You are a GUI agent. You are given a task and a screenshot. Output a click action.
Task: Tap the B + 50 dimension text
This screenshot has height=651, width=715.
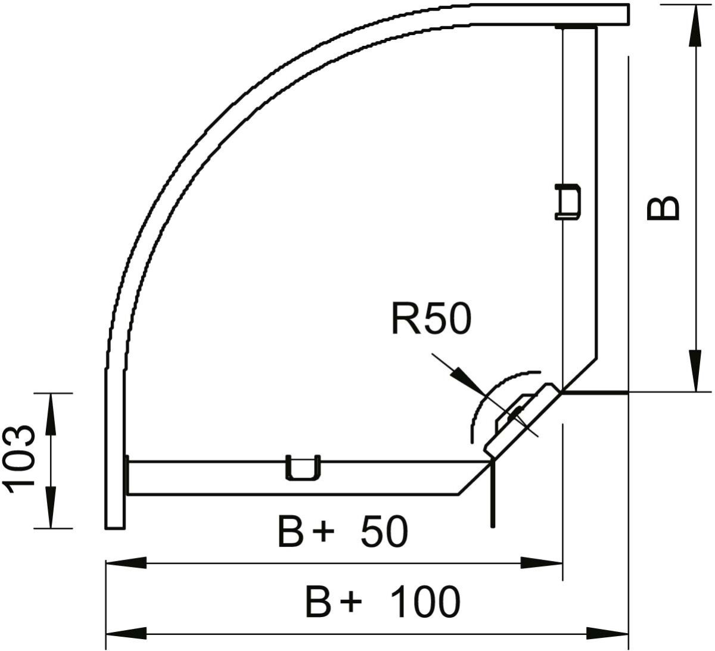[x=343, y=532]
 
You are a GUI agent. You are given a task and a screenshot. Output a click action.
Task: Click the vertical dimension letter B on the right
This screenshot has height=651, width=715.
[x=663, y=208]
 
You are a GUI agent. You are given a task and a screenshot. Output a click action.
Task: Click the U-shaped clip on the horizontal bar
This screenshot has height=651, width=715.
[x=303, y=468]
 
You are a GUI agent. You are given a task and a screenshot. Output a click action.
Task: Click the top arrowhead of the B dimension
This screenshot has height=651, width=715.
[x=695, y=24]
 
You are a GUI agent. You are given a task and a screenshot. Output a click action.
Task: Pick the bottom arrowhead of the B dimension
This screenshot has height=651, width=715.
[x=695, y=372]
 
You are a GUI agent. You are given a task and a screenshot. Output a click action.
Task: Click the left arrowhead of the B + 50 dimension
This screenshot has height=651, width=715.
[x=125, y=563]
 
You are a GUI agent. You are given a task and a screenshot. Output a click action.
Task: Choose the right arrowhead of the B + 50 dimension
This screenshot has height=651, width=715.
[x=542, y=563]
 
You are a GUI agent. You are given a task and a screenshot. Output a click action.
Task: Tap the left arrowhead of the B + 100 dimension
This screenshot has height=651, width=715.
[x=125, y=633]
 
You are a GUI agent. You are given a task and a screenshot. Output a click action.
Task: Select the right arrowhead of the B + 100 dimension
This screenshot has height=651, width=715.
[x=608, y=633]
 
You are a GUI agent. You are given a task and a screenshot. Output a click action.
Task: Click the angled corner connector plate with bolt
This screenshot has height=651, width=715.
[x=518, y=417]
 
